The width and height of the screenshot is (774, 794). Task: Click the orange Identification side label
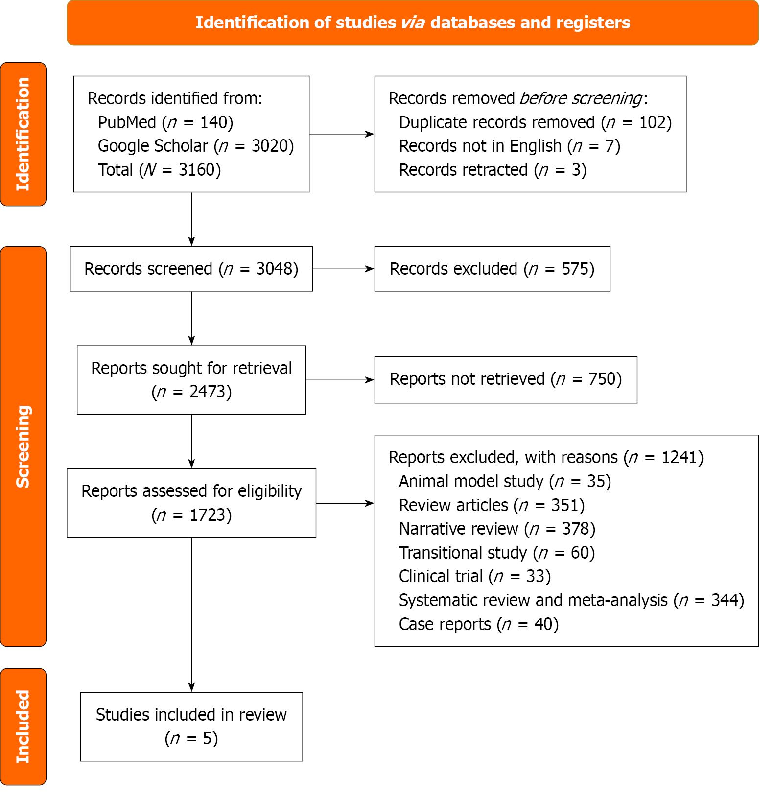point(23,134)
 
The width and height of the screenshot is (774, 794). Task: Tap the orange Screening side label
point(23,446)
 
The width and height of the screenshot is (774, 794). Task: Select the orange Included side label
point(23,726)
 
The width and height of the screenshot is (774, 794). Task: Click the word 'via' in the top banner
point(413,23)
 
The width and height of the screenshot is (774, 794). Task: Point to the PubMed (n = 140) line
point(165,122)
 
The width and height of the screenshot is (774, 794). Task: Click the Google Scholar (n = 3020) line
point(196,146)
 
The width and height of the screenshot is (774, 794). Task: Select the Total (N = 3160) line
point(159,170)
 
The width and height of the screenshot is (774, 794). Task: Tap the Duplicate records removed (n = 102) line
point(535,122)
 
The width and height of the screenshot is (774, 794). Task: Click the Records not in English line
point(509,146)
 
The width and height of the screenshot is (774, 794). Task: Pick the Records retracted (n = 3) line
point(493,170)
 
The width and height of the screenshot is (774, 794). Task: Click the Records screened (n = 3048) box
point(191,269)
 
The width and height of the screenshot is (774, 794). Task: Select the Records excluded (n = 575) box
point(492,269)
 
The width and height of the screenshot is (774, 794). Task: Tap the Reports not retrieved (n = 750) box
point(506,379)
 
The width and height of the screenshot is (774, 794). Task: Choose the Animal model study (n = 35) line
point(505,481)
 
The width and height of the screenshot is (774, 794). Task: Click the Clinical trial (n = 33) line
point(475,576)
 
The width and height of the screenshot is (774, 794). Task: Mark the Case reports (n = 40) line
point(478,624)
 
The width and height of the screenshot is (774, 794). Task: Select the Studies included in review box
point(191,726)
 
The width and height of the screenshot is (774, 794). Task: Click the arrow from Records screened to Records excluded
point(343,269)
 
